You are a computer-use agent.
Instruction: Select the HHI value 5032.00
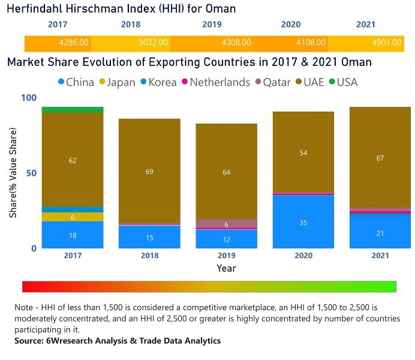coord(154,43)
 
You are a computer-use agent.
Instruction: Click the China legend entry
coord(76,82)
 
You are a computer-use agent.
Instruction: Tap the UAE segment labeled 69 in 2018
coord(149,172)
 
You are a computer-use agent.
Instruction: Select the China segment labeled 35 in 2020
coord(303,222)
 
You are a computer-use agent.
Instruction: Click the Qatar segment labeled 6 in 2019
coord(226,224)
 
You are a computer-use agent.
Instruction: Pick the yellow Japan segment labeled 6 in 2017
coord(73,217)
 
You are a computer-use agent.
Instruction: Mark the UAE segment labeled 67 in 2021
coord(380,158)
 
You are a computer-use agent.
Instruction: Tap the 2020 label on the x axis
coord(303,256)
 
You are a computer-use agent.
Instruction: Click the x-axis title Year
coord(226,268)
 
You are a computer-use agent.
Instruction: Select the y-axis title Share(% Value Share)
coord(13,173)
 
